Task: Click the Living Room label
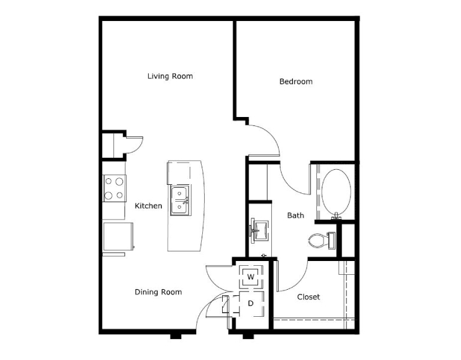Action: [170, 76]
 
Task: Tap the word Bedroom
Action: [296, 82]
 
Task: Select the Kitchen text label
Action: [148, 206]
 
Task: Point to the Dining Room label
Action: [158, 292]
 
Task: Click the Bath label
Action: [295, 215]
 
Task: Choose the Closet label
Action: [309, 297]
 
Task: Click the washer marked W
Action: [251, 277]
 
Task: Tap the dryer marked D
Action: [251, 304]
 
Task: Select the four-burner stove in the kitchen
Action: [115, 188]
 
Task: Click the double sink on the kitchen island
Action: [179, 200]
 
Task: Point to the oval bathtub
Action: [336, 193]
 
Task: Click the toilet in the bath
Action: [322, 241]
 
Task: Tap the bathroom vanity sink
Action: [259, 230]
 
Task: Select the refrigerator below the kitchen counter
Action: [118, 237]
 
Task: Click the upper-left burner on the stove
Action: [109, 181]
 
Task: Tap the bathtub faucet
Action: [336, 217]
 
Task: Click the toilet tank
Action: [331, 241]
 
